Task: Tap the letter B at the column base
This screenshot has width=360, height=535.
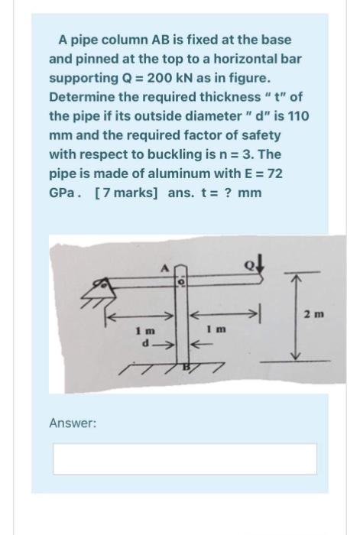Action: tap(186, 367)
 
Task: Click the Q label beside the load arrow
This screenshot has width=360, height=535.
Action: tap(250, 267)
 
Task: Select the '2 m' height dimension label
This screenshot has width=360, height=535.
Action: tap(314, 313)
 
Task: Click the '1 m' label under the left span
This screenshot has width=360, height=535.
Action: tap(145, 331)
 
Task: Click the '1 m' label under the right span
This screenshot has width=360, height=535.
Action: tap(216, 329)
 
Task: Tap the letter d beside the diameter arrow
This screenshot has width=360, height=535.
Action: tap(146, 344)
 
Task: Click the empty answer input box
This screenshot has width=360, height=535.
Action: tap(185, 459)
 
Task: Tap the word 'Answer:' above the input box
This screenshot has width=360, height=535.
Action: tap(73, 423)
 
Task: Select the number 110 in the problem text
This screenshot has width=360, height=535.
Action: tap(299, 116)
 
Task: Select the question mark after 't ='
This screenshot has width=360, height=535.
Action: tap(226, 193)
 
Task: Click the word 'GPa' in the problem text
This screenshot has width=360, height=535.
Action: tap(62, 193)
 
